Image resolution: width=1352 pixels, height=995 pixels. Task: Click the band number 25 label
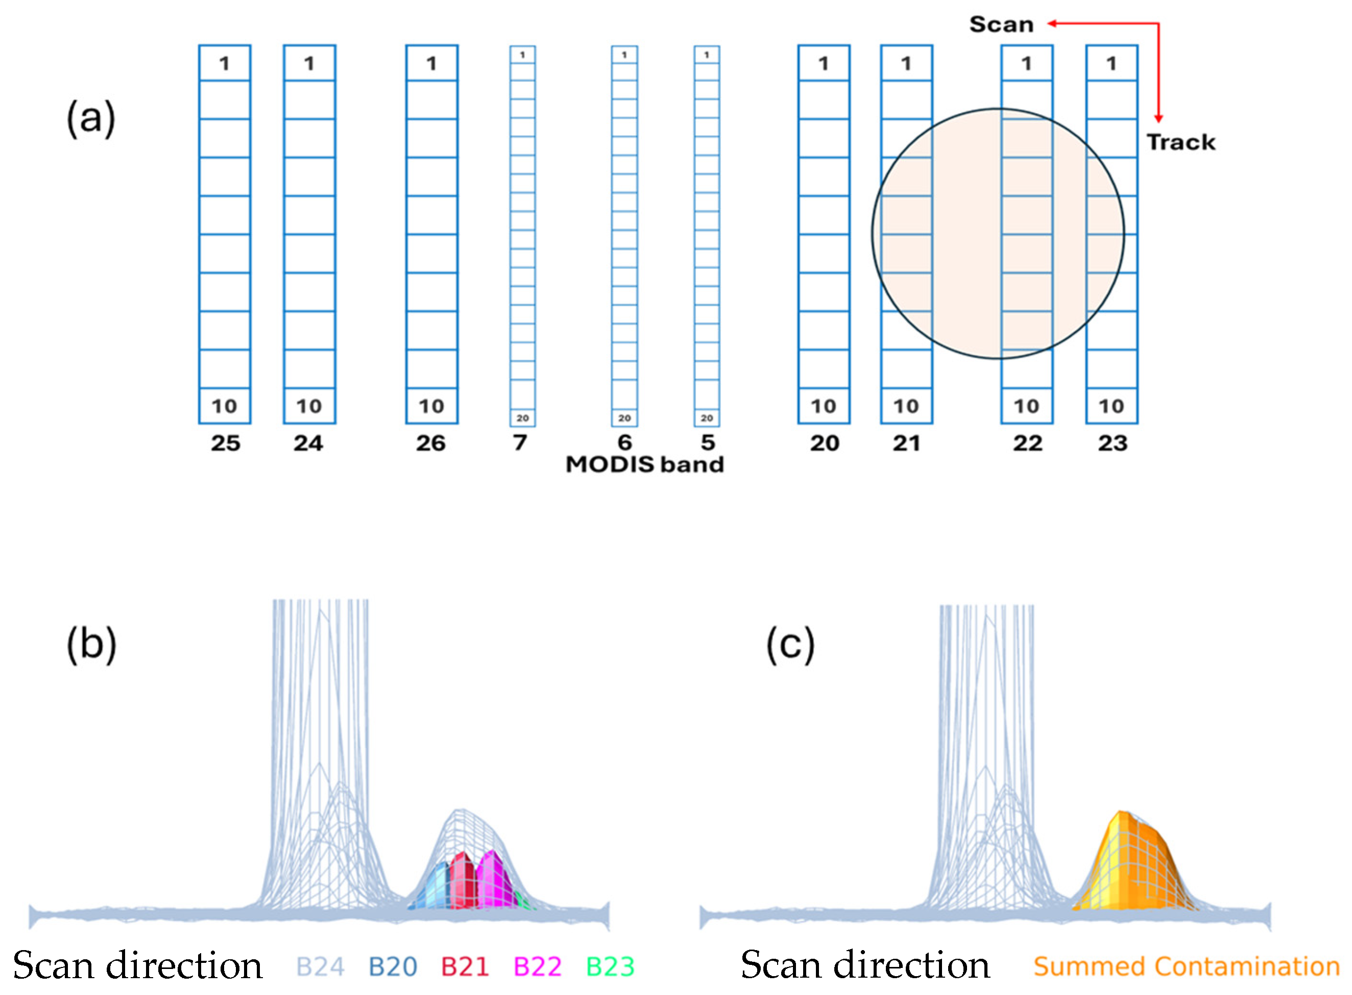pos(225,443)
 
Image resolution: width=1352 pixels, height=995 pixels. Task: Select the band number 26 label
pos(431,443)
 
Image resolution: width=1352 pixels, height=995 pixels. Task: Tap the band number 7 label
pos(520,443)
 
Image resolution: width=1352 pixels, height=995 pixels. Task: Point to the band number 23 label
pos(1112,443)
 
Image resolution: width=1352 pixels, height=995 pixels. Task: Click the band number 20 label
pos(824,443)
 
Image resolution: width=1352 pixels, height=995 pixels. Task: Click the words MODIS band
pos(645,464)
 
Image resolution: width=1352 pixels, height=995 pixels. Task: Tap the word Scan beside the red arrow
pos(1001,24)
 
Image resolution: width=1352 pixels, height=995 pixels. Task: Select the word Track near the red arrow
pos(1181,142)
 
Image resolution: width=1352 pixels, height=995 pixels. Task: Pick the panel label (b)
pos(91,644)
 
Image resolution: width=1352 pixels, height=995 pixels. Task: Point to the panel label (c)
pos(790,644)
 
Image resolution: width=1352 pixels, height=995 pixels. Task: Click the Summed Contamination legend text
pos(1186,966)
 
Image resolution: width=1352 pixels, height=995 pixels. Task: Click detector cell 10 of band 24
pos(309,406)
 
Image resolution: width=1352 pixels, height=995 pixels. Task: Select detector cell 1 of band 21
pos(906,63)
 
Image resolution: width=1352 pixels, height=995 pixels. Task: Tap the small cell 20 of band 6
pos(624,417)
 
